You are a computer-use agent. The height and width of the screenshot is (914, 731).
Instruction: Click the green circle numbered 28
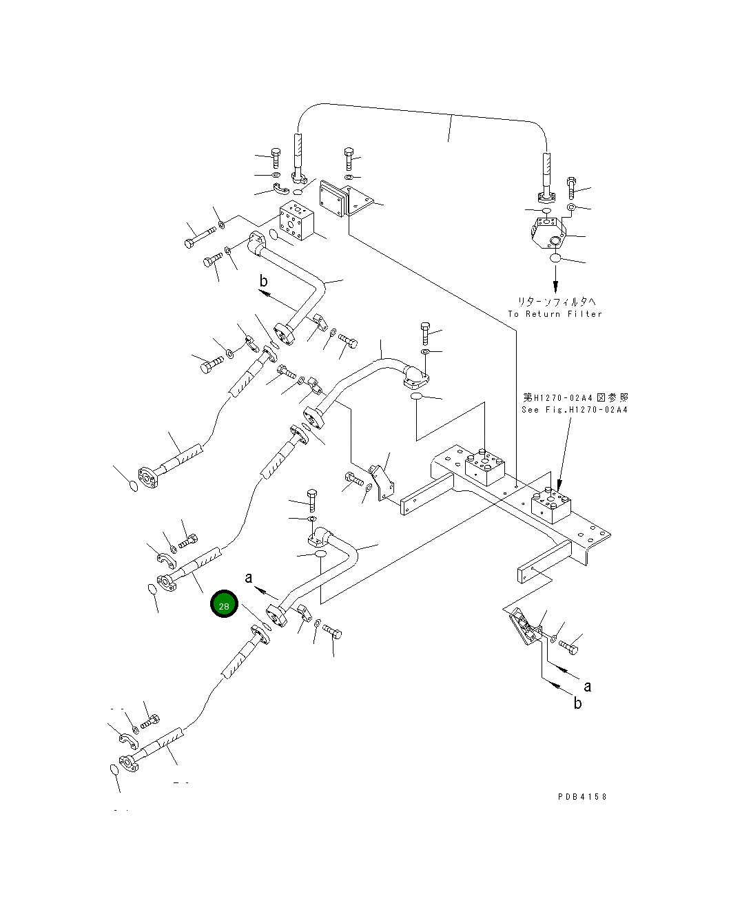click(224, 605)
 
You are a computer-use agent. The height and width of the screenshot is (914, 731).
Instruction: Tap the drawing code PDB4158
click(582, 797)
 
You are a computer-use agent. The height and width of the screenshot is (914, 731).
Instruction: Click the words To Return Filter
click(555, 314)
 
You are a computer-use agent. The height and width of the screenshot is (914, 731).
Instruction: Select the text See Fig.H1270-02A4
click(575, 410)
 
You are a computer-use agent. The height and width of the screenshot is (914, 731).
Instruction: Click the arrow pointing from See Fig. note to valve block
click(564, 455)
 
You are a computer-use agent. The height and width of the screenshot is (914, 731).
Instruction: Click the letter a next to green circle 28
click(249, 578)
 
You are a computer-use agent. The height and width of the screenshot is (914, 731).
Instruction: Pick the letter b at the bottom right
click(577, 703)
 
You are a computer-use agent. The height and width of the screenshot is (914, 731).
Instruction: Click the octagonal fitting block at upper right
click(548, 232)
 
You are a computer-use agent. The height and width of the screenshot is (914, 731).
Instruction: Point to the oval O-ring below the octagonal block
click(556, 258)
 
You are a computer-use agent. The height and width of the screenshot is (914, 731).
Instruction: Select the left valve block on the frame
click(486, 468)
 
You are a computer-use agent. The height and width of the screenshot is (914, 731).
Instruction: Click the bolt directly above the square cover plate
click(349, 159)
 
